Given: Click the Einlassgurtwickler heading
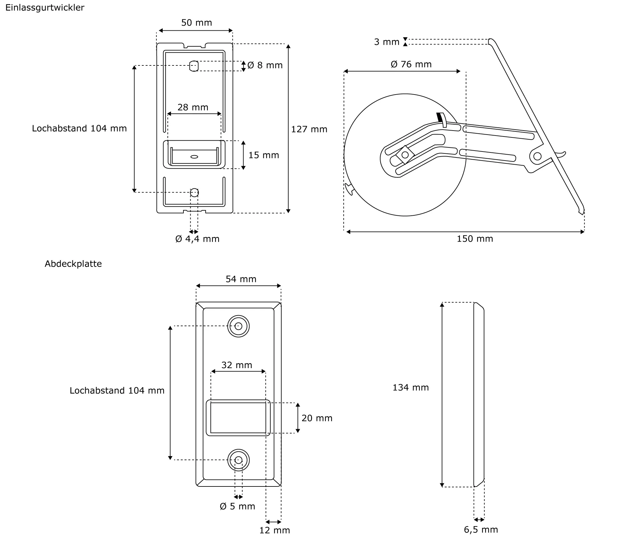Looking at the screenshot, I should click(x=45, y=8).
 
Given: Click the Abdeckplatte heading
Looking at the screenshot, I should click(x=73, y=264).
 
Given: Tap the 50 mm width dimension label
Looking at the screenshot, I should click(x=197, y=23).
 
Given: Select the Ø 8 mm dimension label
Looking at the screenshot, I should click(x=265, y=65).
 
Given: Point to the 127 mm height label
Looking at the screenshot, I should click(x=309, y=129).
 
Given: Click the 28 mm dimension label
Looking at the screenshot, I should click(x=193, y=107).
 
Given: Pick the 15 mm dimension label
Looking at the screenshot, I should click(x=264, y=155).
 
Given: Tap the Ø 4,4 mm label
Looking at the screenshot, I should click(x=197, y=239).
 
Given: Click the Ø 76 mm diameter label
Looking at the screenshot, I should click(x=411, y=64).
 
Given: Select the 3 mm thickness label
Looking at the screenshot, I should click(x=387, y=42).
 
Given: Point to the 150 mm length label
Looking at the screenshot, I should click(x=475, y=239).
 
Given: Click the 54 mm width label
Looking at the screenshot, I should click(x=241, y=279).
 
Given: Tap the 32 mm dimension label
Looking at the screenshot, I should click(x=237, y=365).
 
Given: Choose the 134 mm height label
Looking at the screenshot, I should click(x=411, y=388).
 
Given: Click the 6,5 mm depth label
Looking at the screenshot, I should click(x=481, y=529).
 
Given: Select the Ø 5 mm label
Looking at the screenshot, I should click(x=237, y=506).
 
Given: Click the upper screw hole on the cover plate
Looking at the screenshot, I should click(x=239, y=326).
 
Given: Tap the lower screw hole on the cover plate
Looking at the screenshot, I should click(x=239, y=460).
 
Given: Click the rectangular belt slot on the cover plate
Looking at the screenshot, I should click(x=238, y=418).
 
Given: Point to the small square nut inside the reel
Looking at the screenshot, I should click(x=405, y=155).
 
